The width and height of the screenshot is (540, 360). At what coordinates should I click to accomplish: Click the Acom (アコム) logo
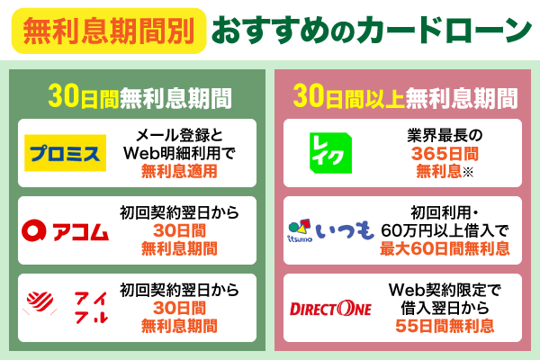click(67, 232)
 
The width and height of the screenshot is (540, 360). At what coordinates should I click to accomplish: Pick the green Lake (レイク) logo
click(328, 149)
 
